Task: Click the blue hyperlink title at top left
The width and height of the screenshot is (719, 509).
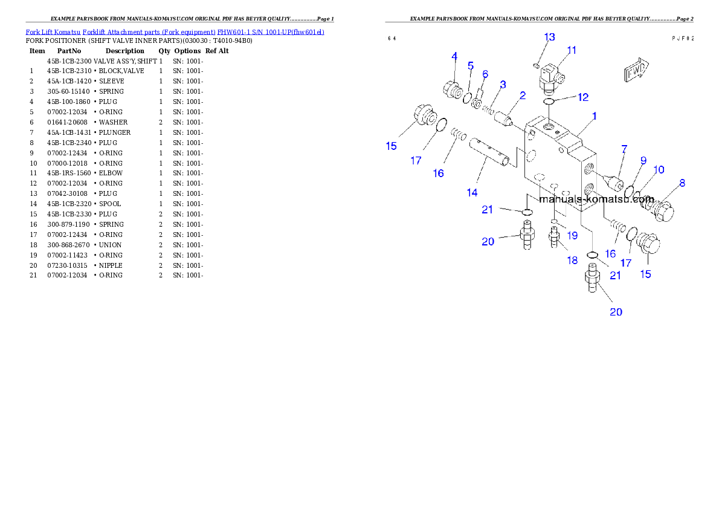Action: tap(175, 32)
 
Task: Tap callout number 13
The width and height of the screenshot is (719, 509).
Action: tap(549, 37)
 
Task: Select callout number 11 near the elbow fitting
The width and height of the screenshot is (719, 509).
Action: tap(572, 51)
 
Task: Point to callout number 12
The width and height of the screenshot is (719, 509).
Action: tap(582, 97)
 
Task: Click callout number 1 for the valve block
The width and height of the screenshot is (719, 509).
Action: tap(595, 116)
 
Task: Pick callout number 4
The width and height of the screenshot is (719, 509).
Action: tap(454, 57)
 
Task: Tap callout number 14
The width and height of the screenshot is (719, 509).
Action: tap(471, 192)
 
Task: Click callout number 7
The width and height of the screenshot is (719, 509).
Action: tap(624, 149)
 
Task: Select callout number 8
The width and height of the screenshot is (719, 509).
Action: tap(682, 183)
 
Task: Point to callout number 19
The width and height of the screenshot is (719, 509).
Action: tap(572, 235)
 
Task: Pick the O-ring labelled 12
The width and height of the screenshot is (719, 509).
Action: tap(549, 103)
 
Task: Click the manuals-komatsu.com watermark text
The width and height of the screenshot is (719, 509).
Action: tap(596, 199)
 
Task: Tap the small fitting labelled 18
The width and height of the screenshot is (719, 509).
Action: tap(553, 236)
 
